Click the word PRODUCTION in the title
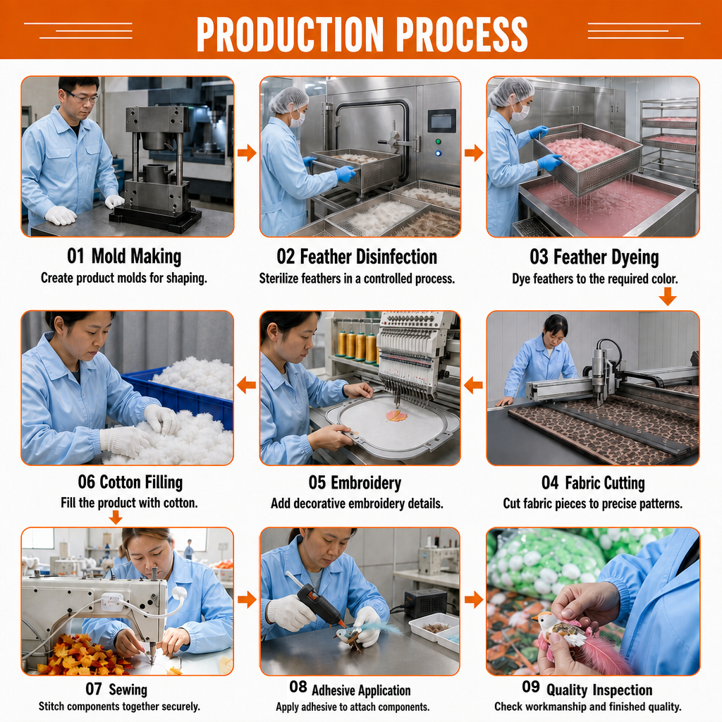(x=290, y=34)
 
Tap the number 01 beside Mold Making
(x=76, y=256)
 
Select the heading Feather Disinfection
(x=368, y=257)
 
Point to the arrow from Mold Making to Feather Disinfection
(x=247, y=152)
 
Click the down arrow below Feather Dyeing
(x=667, y=296)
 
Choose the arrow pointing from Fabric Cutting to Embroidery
(x=473, y=385)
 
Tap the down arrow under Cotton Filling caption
(x=116, y=518)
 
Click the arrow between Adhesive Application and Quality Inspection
(x=473, y=599)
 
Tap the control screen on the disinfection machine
(x=441, y=121)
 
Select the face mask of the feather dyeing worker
(x=520, y=112)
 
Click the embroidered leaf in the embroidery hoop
(x=396, y=416)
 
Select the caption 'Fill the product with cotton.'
(x=130, y=503)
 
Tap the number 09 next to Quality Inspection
(x=530, y=687)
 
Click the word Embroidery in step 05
(x=366, y=483)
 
